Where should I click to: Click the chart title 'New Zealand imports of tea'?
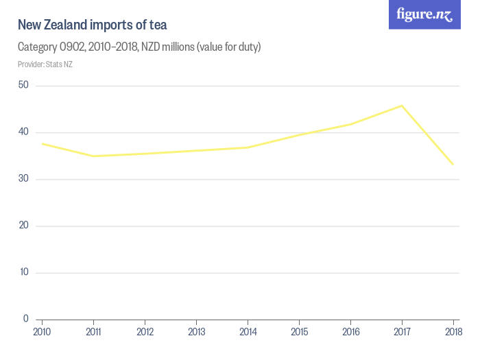tap(93, 25)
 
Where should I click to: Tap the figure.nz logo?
tap(425, 14)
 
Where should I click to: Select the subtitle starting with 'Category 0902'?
tap(139, 47)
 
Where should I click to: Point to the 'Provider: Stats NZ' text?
tap(45, 64)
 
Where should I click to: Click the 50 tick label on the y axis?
tap(23, 85)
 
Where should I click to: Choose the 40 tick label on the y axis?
tap(23, 132)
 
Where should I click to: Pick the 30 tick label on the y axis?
tap(23, 179)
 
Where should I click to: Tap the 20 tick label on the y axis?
tap(23, 226)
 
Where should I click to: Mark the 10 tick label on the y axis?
tap(23, 272)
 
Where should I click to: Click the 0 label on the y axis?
tap(25, 319)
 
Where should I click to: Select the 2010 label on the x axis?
tap(42, 332)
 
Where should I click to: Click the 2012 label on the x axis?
tap(145, 332)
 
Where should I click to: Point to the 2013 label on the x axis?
tap(196, 332)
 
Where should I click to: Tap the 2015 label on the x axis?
tap(299, 332)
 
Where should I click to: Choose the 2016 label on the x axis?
tap(350, 332)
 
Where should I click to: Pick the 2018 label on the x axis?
tap(453, 332)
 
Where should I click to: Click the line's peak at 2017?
tap(402, 106)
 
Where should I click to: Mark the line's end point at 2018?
tap(453, 164)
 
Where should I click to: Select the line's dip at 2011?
tap(93, 156)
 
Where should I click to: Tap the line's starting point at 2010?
tap(43, 143)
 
